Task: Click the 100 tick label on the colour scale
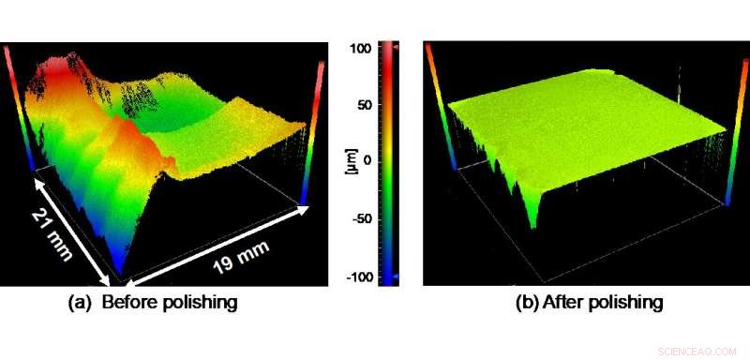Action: [362, 46]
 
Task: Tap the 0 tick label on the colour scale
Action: [367, 161]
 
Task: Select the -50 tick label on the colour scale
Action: [363, 218]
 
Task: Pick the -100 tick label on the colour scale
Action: [360, 277]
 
